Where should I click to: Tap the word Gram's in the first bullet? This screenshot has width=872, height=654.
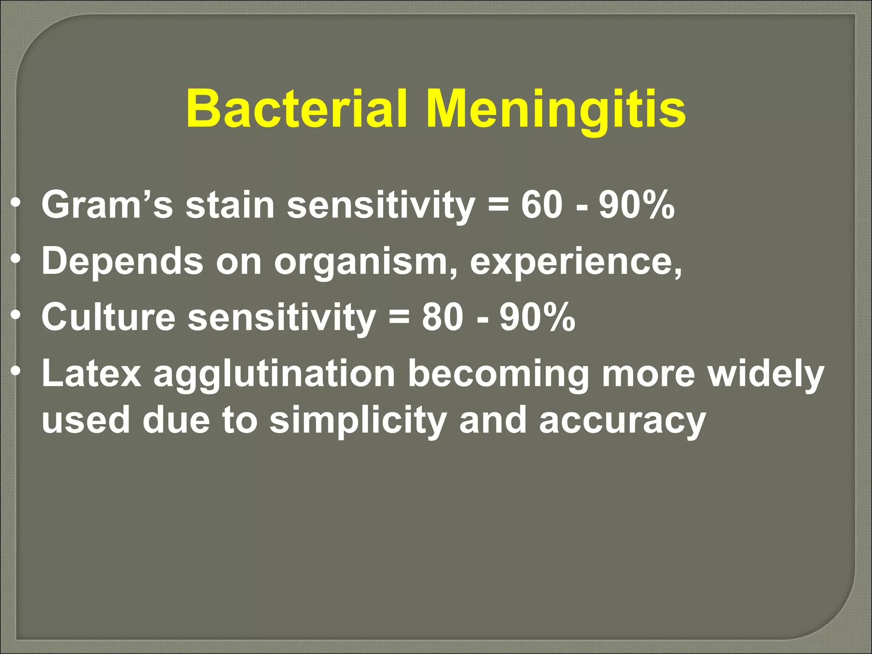[x=107, y=205]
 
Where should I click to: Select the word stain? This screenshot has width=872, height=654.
[x=229, y=205]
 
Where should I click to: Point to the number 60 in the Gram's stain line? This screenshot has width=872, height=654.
[x=541, y=205]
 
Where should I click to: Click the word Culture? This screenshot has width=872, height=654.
[x=108, y=317]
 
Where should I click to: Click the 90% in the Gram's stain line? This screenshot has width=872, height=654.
[x=637, y=205]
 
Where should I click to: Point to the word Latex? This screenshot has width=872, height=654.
[x=91, y=373]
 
